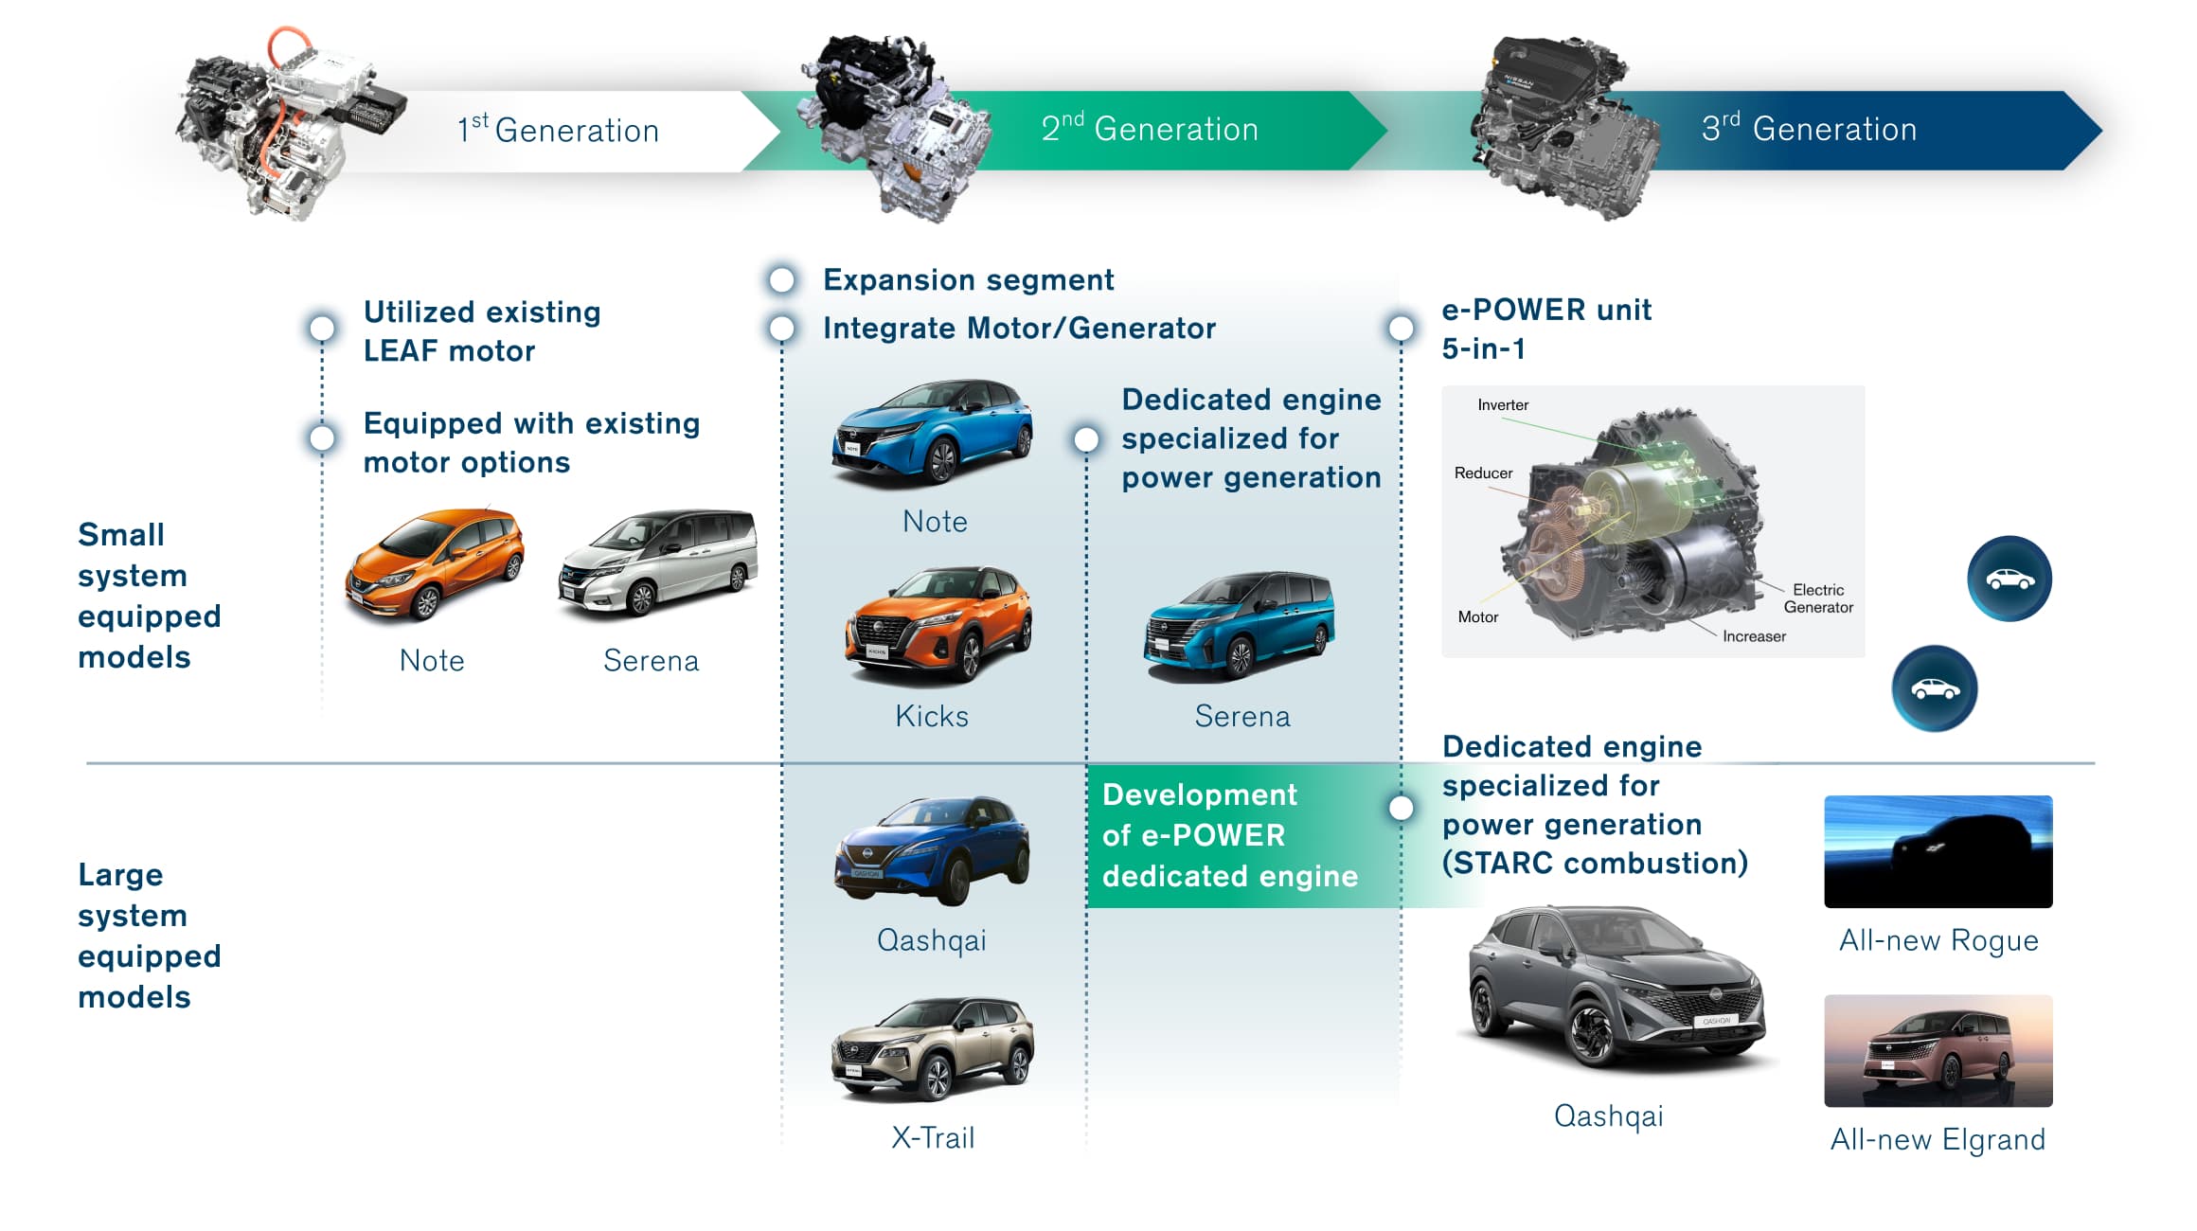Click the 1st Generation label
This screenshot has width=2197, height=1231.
pos(558,130)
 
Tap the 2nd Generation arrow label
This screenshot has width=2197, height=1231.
pos(1150,129)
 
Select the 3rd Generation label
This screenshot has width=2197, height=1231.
pos(1809,129)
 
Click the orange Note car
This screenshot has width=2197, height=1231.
pos(435,564)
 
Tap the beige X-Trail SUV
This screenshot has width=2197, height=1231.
pos(933,1048)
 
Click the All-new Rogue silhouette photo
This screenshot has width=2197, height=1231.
pos(1938,851)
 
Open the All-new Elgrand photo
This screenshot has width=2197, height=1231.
pos(1938,1050)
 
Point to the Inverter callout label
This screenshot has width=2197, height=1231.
pos(1503,405)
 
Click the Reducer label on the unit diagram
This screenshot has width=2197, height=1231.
pos(1483,473)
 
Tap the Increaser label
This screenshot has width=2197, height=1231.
pos(1754,636)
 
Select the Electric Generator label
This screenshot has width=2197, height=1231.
pos(1818,598)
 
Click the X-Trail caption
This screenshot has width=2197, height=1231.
pos(933,1137)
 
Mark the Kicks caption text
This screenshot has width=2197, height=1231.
pos(932,716)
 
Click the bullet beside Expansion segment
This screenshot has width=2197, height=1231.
pos(781,280)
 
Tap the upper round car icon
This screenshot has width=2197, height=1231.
pos(2009,579)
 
